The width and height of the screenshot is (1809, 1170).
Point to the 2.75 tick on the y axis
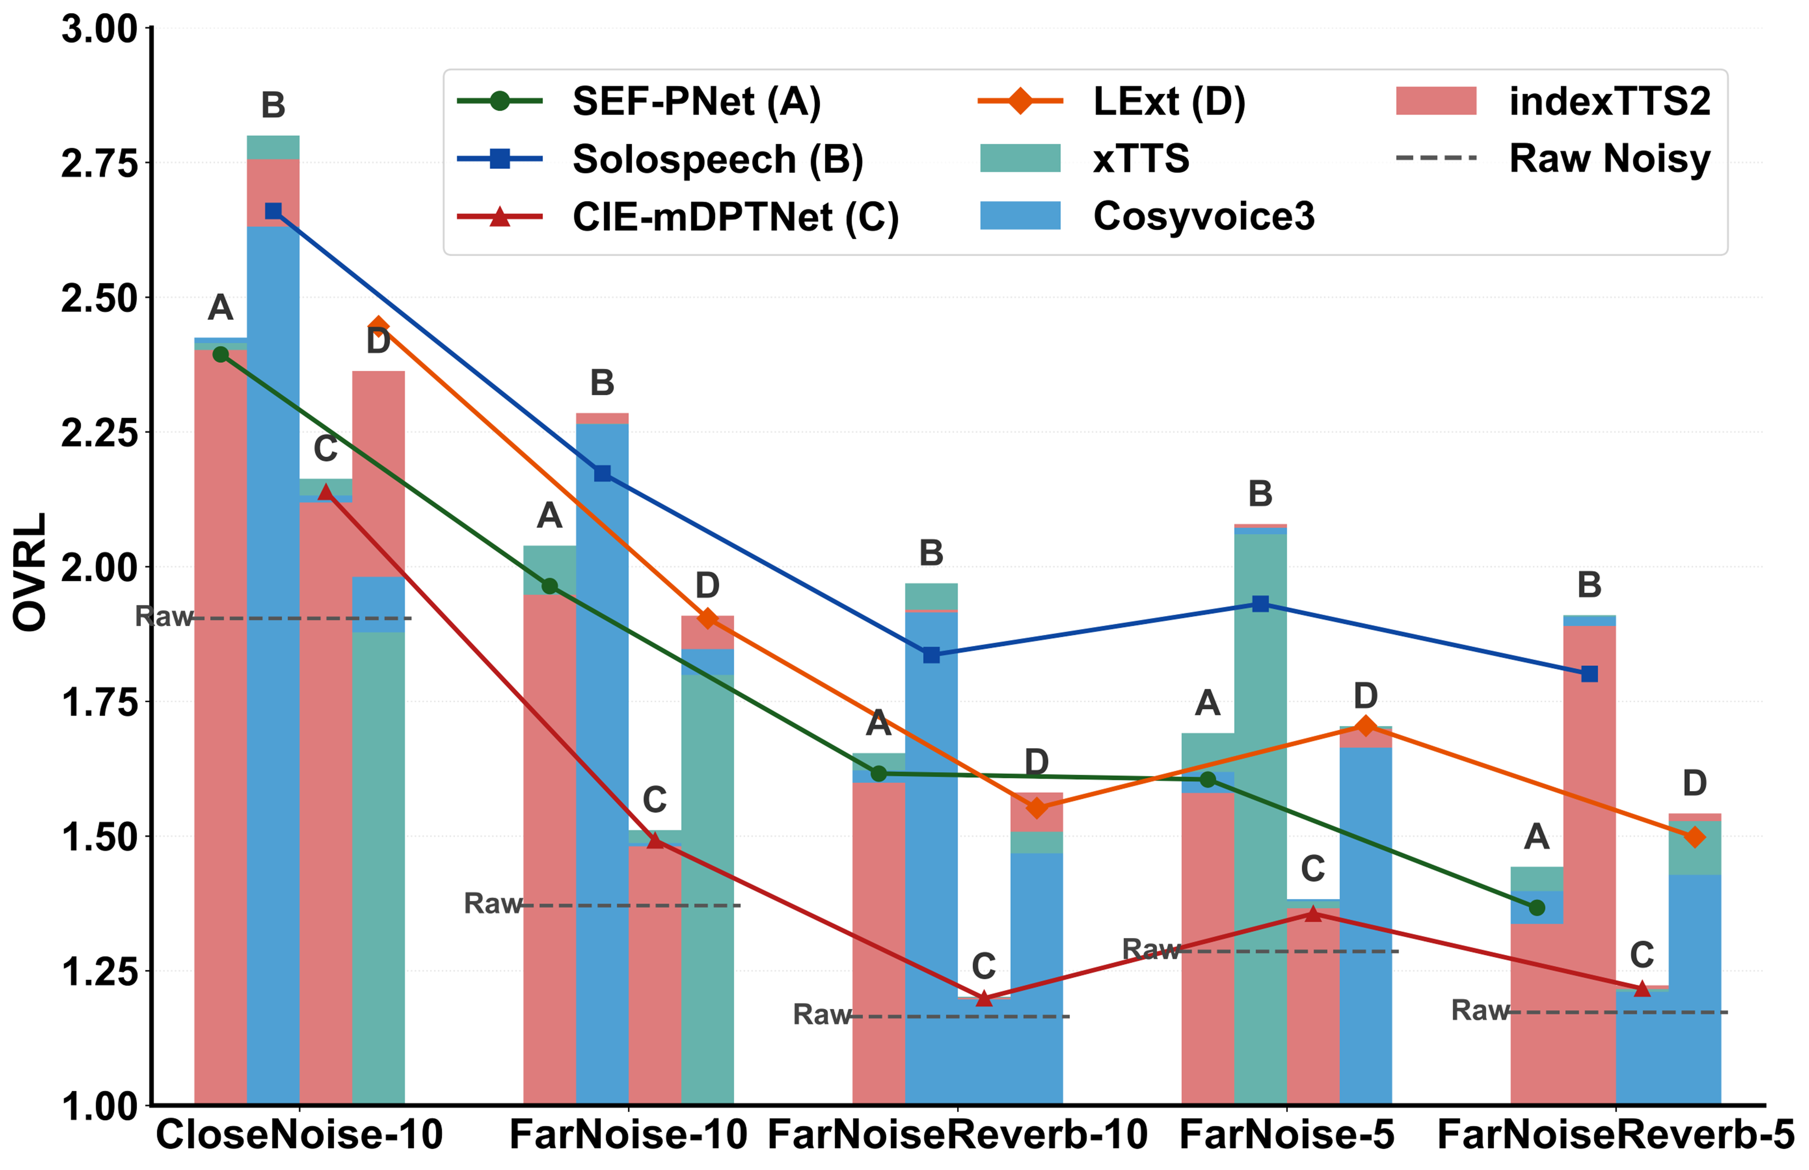point(99,163)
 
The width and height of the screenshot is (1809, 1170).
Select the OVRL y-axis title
point(30,571)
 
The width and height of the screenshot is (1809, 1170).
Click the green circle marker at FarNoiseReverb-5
point(1536,908)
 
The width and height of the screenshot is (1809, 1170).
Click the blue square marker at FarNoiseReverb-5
point(1589,674)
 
